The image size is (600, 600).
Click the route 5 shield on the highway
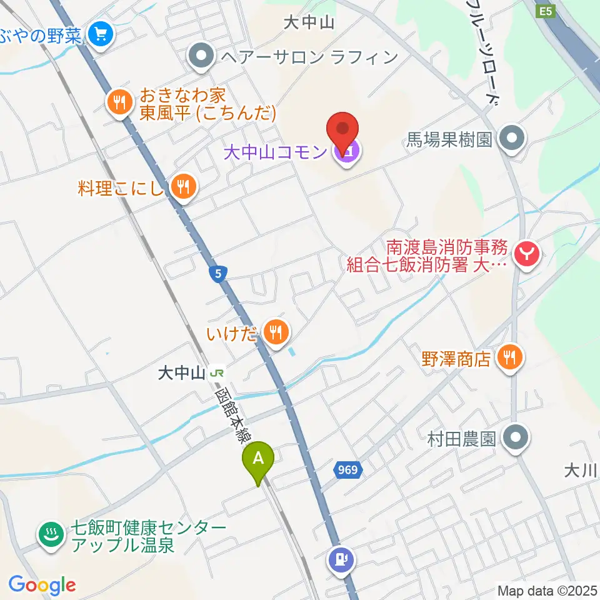(217, 272)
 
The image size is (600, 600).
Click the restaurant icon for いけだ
(274, 331)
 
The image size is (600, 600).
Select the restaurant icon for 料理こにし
(183, 186)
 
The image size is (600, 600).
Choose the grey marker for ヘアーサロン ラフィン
(201, 57)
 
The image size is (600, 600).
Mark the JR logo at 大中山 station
(217, 373)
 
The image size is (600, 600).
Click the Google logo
(42, 585)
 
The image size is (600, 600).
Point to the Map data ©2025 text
(547, 589)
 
